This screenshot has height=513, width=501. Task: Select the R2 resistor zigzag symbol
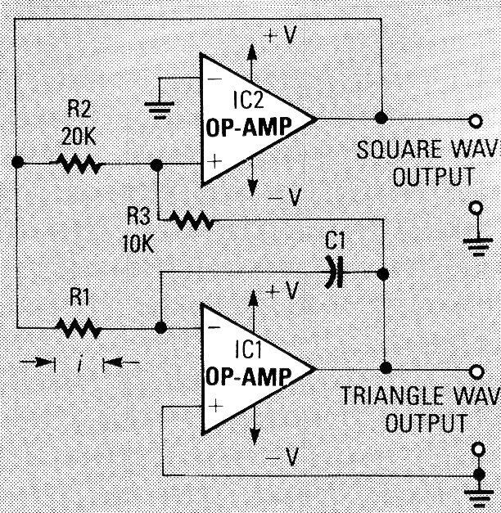pos(79,164)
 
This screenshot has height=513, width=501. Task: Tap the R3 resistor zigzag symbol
pos(191,219)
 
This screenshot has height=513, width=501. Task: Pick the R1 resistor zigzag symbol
pos(79,329)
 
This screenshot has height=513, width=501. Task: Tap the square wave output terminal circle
pos(475,121)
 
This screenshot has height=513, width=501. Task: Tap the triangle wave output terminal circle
pos(475,368)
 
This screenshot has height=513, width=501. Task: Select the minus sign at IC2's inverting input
pos(214,79)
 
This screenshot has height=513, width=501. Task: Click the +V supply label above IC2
pos(282,36)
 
